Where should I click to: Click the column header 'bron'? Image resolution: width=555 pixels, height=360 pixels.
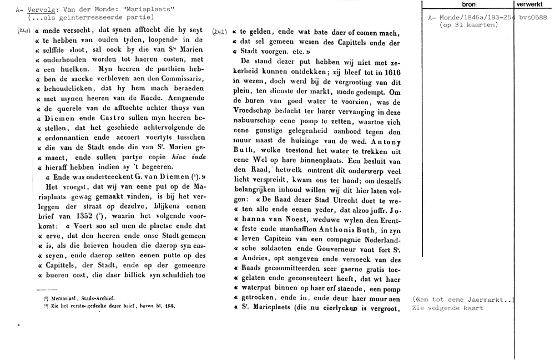pos(468,4)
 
